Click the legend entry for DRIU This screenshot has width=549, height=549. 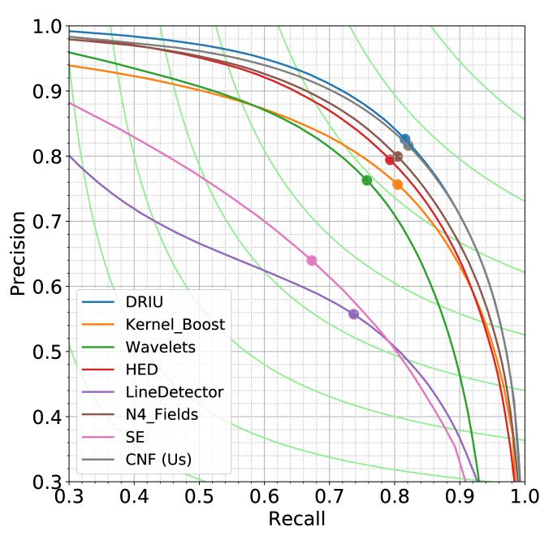click(144, 301)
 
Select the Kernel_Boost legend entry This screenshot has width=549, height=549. click(175, 324)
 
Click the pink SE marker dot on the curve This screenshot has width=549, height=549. click(311, 260)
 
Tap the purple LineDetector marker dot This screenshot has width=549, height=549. click(353, 313)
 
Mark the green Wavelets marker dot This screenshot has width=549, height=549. click(367, 179)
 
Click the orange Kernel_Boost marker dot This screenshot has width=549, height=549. click(397, 184)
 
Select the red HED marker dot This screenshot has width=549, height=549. click(390, 159)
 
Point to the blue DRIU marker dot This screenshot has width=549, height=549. click(405, 139)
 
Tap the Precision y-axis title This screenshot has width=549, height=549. click(17, 253)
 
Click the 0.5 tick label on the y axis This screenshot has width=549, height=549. click(47, 352)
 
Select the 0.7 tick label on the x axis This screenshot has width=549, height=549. click(329, 495)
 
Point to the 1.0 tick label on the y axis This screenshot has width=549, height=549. click(47, 27)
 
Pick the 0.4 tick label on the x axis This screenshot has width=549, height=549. click(134, 495)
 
